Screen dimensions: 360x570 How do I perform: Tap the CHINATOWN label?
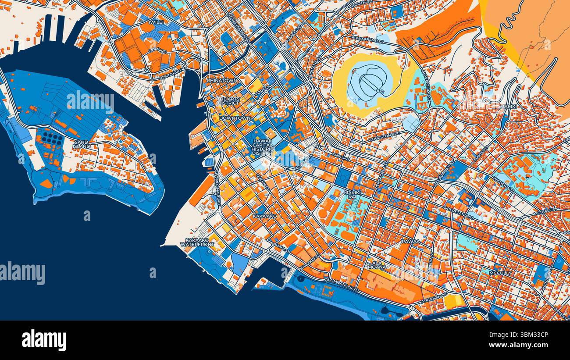[x=222, y=81]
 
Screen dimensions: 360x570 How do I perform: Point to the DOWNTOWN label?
[x=235, y=118]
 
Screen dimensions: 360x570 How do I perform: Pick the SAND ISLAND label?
[x=82, y=144]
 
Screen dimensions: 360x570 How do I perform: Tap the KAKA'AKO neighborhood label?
[x=264, y=216]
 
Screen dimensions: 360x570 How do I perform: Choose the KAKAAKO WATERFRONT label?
[x=199, y=242]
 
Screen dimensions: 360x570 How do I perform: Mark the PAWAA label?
[x=410, y=241]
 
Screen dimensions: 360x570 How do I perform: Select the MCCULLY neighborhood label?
[x=500, y=273]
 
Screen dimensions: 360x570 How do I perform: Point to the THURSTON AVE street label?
[x=385, y=136]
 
